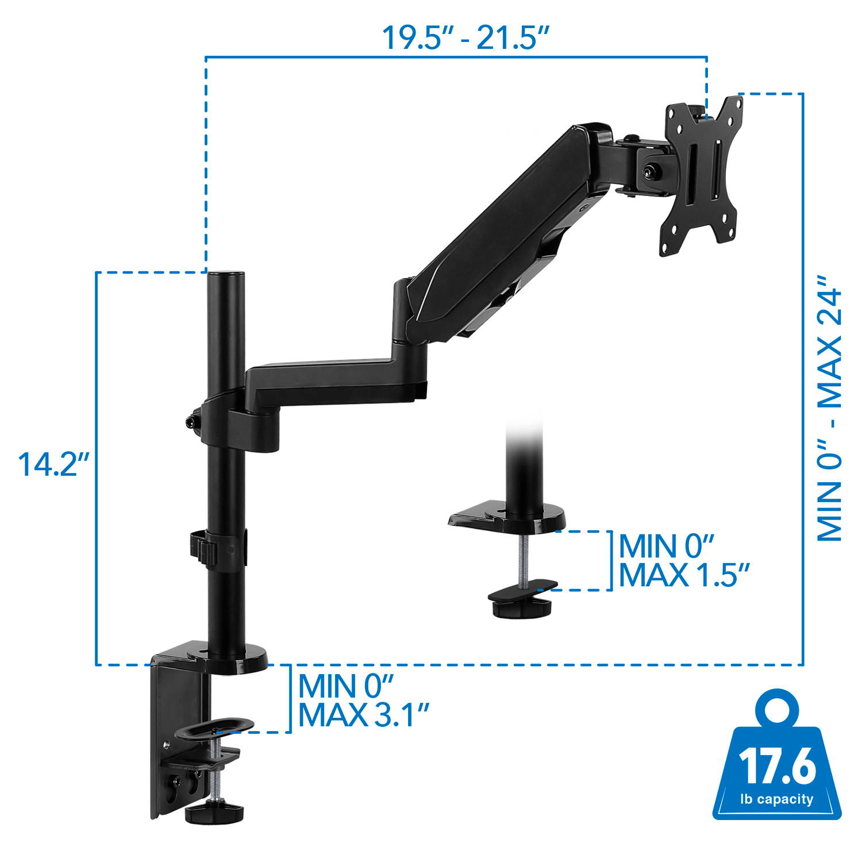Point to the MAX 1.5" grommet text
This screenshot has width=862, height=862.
683,574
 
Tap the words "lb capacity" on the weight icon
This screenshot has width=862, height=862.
777,799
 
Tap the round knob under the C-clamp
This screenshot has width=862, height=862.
214,811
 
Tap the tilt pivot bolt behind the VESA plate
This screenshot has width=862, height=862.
651,171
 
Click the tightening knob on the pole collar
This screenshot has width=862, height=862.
190,421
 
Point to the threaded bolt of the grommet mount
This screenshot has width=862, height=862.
524,560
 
